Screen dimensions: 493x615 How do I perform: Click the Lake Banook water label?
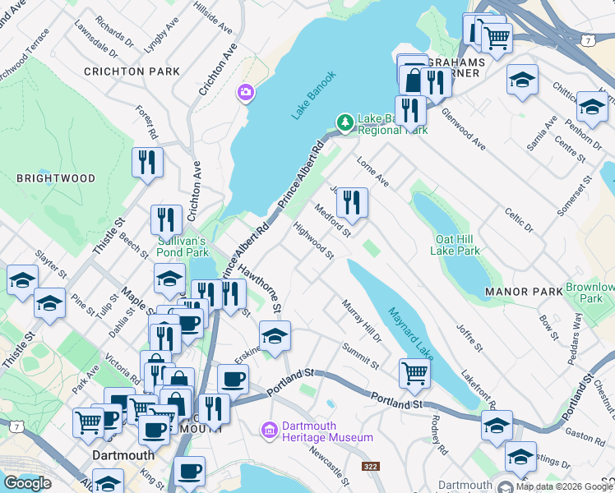pos(314,95)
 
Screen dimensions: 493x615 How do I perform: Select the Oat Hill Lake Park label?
pos(456,245)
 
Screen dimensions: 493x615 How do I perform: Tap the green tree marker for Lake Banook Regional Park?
pos(345,123)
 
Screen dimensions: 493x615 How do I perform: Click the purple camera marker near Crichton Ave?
pos(244,93)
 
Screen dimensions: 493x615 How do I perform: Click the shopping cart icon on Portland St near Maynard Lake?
pos(415,373)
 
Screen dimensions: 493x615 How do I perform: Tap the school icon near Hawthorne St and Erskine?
pos(275,334)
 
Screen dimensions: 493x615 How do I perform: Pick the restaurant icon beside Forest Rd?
pos(147,161)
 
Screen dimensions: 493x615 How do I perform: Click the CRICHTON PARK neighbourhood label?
pos(132,71)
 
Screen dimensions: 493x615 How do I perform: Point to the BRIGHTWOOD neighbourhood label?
pos(56,178)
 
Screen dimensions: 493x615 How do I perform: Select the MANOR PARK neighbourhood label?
pos(524,292)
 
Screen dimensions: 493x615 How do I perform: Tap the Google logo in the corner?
pos(27,483)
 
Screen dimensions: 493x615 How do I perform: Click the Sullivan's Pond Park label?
pos(183,247)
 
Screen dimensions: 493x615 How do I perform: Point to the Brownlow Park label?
pos(590,293)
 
